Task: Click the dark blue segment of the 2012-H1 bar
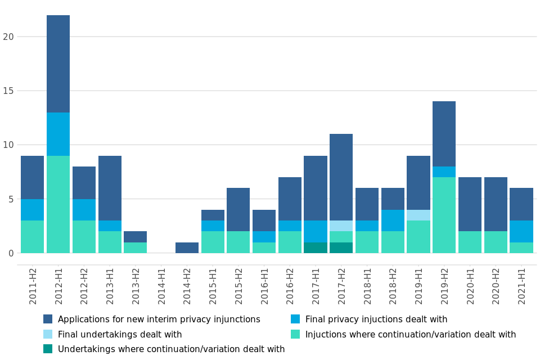coord(58,64)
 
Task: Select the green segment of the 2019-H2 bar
coord(444,215)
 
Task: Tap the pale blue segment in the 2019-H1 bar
coord(418,215)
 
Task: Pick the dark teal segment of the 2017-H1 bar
coord(315,247)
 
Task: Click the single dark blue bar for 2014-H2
coord(187,247)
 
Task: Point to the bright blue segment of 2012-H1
coord(58,134)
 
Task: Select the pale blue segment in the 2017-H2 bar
coord(341,226)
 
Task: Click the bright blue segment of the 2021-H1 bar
coord(521,231)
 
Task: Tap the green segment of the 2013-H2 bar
coord(135,247)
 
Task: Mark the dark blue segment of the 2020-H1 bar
coord(470,204)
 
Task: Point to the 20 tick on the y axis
coord(8,37)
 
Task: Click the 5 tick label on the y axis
coord(11,199)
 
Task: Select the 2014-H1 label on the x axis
coord(161,286)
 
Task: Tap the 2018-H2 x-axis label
coord(393,286)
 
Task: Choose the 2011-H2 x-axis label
coord(33,286)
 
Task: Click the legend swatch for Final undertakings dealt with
coord(48,334)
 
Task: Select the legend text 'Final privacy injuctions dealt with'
coord(376,319)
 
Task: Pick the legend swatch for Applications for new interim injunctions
coord(48,319)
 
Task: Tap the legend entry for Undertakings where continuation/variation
coord(171,349)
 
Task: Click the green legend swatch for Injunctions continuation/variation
coord(295,334)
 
